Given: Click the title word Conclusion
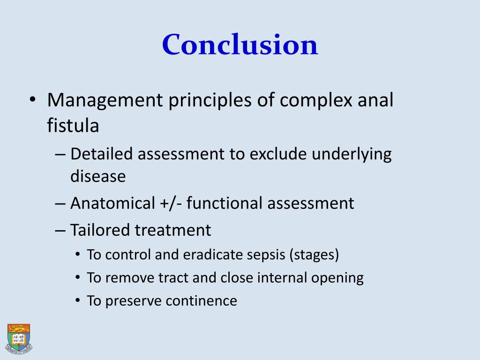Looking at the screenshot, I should click(x=240, y=45).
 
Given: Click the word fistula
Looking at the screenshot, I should click(x=73, y=126).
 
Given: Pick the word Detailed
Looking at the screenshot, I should click(x=102, y=154).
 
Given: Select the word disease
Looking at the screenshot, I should click(x=98, y=177).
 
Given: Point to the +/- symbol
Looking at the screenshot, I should click(x=171, y=203).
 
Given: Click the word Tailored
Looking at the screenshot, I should click(x=100, y=230).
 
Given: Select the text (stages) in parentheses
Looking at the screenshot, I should click(x=314, y=255).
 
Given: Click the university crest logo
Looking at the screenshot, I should click(x=19, y=337).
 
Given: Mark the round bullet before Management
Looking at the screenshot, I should click(x=32, y=101).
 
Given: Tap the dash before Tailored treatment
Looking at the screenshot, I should click(x=60, y=231).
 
